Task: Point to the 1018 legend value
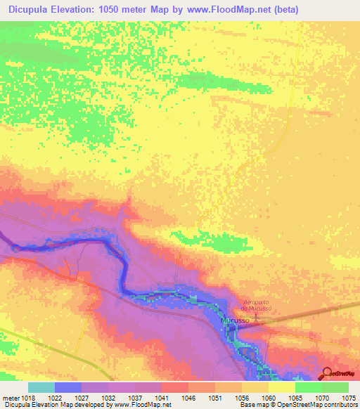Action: click(x=28, y=397)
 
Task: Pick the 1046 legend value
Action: click(x=188, y=397)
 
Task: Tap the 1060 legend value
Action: click(x=269, y=397)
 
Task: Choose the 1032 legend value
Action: click(x=108, y=397)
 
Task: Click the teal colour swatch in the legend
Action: click(x=41, y=387)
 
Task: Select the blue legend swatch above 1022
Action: click(x=68, y=387)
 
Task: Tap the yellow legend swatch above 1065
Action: click(x=281, y=387)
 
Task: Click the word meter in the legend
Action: click(x=10, y=397)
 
